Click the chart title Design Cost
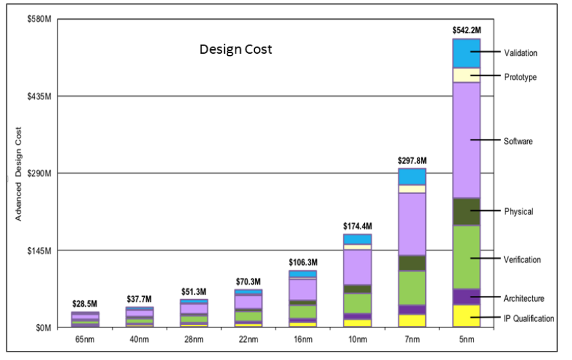tap(236, 49)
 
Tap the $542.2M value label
tap(466, 30)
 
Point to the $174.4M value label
tap(357, 226)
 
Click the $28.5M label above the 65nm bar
tap(85, 304)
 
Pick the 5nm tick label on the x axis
tap(466, 338)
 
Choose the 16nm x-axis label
tap(303, 338)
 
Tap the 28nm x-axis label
tap(193, 338)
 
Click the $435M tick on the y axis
tap(38, 96)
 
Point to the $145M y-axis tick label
tap(38, 250)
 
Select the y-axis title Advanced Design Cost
tap(19, 173)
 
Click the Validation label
tap(520, 53)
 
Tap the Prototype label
tap(520, 77)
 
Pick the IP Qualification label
tap(528, 318)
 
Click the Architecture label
tap(523, 299)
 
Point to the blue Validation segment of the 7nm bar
tap(412, 176)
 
